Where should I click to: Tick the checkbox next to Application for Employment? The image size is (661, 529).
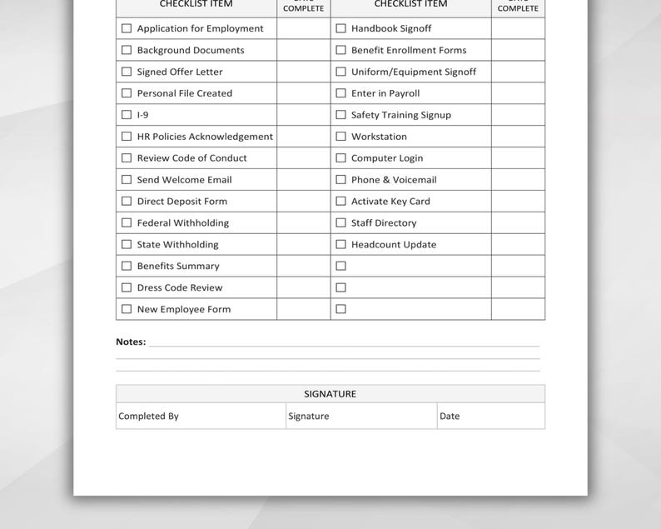pos(127,28)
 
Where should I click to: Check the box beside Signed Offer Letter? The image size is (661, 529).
pos(127,72)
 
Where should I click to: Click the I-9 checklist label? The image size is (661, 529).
pos(142,115)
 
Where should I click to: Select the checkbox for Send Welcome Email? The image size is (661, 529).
pos(127,180)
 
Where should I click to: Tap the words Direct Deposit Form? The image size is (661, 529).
pos(181,202)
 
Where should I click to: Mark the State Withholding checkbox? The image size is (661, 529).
pos(127,245)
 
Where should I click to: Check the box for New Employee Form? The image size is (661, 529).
pos(127,309)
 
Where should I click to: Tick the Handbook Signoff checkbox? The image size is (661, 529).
pos(340,28)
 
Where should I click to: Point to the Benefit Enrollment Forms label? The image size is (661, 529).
pos(408,50)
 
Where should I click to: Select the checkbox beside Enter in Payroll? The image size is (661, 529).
pos(340,93)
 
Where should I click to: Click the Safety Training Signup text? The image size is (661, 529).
pos(400,115)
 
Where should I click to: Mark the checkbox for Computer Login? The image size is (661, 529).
pos(340,158)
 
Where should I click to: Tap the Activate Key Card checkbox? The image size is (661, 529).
pos(340,202)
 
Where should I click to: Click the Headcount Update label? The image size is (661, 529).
pos(393,245)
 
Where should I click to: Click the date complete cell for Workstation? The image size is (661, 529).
pos(518,137)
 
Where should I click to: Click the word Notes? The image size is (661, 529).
pos(131,342)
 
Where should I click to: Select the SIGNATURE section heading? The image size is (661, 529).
pos(330,394)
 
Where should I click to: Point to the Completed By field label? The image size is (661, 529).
pos(148,417)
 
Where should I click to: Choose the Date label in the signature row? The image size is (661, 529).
pos(450,417)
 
